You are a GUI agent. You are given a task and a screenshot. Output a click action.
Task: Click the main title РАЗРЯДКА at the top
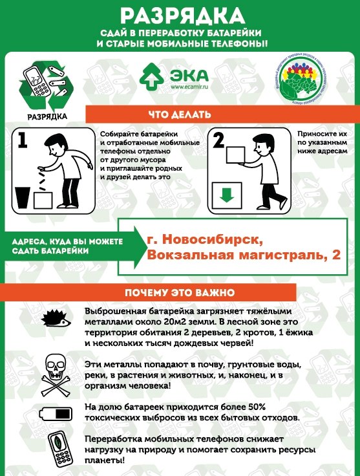[x=180, y=16]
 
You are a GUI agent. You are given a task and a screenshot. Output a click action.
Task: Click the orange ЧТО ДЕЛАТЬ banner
[x=179, y=115]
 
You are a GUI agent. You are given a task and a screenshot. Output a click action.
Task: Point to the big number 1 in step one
[x=23, y=141]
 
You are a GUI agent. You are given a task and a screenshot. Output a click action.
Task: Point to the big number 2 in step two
[x=218, y=140]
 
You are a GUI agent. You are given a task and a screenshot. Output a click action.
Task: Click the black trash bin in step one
[x=22, y=197]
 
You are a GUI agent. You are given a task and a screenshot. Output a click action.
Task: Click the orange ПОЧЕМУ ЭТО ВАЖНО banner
[x=179, y=292]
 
